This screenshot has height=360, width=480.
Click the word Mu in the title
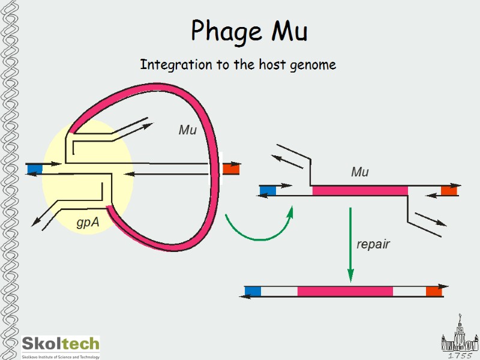[289, 31]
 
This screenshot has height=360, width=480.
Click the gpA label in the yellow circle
[88, 223]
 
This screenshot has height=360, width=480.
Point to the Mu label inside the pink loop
[188, 129]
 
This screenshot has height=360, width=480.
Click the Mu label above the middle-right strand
[359, 172]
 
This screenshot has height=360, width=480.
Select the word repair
[373, 244]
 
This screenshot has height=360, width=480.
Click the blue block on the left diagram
[35, 169]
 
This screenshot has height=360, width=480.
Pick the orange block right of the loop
[231, 169]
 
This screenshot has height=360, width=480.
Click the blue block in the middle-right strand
[268, 191]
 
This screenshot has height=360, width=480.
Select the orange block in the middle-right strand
[449, 191]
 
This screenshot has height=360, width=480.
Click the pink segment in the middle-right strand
[360, 191]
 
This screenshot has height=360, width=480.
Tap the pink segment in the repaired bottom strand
[345, 292]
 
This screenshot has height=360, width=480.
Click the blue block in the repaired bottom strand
[253, 292]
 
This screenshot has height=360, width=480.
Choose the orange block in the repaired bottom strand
[434, 292]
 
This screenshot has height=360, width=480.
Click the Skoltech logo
[61, 346]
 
